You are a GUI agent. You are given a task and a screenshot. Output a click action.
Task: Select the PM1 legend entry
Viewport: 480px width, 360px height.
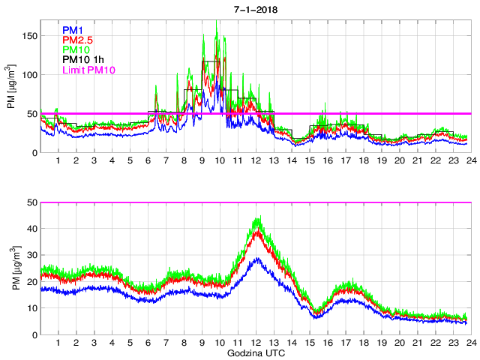tap(73, 29)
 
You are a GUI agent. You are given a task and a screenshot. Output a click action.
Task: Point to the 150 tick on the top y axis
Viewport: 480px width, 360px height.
tap(29, 36)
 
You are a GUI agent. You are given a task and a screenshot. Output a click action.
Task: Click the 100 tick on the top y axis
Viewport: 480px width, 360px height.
tap(29, 75)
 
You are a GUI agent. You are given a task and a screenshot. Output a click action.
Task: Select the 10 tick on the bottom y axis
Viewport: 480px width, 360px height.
tap(31, 308)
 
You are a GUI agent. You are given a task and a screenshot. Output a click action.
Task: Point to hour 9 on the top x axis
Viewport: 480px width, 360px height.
tap(202, 161)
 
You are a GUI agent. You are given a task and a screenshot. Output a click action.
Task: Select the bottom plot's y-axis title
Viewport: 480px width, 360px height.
tap(11, 268)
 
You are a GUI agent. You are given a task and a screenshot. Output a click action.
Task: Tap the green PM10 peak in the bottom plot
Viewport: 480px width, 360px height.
tap(258, 218)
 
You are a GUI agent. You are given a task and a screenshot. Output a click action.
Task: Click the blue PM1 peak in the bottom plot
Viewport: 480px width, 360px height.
tap(257, 258)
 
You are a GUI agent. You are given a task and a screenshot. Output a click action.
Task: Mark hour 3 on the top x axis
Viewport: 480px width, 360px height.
tap(94, 161)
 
